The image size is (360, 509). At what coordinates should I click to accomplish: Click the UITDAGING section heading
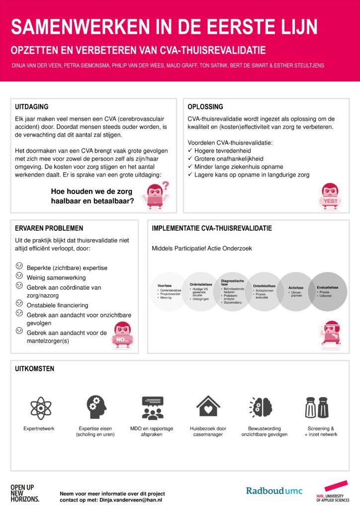point(31,107)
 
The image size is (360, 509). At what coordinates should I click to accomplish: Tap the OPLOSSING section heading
point(205,107)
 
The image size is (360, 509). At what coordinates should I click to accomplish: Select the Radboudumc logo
point(273,491)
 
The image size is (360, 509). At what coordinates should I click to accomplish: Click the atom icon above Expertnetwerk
point(38,407)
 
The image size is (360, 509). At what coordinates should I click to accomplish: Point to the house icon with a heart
point(208,406)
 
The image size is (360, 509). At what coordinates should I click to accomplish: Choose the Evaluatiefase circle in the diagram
point(328,292)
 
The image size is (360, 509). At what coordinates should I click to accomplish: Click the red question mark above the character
point(166,186)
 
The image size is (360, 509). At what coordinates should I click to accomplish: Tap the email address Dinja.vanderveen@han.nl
point(131,500)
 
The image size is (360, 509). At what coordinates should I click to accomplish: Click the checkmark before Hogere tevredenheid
point(190,151)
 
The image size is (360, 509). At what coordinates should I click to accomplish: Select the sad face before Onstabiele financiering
point(19,303)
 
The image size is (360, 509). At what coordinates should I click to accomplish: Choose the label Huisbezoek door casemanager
point(208,431)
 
